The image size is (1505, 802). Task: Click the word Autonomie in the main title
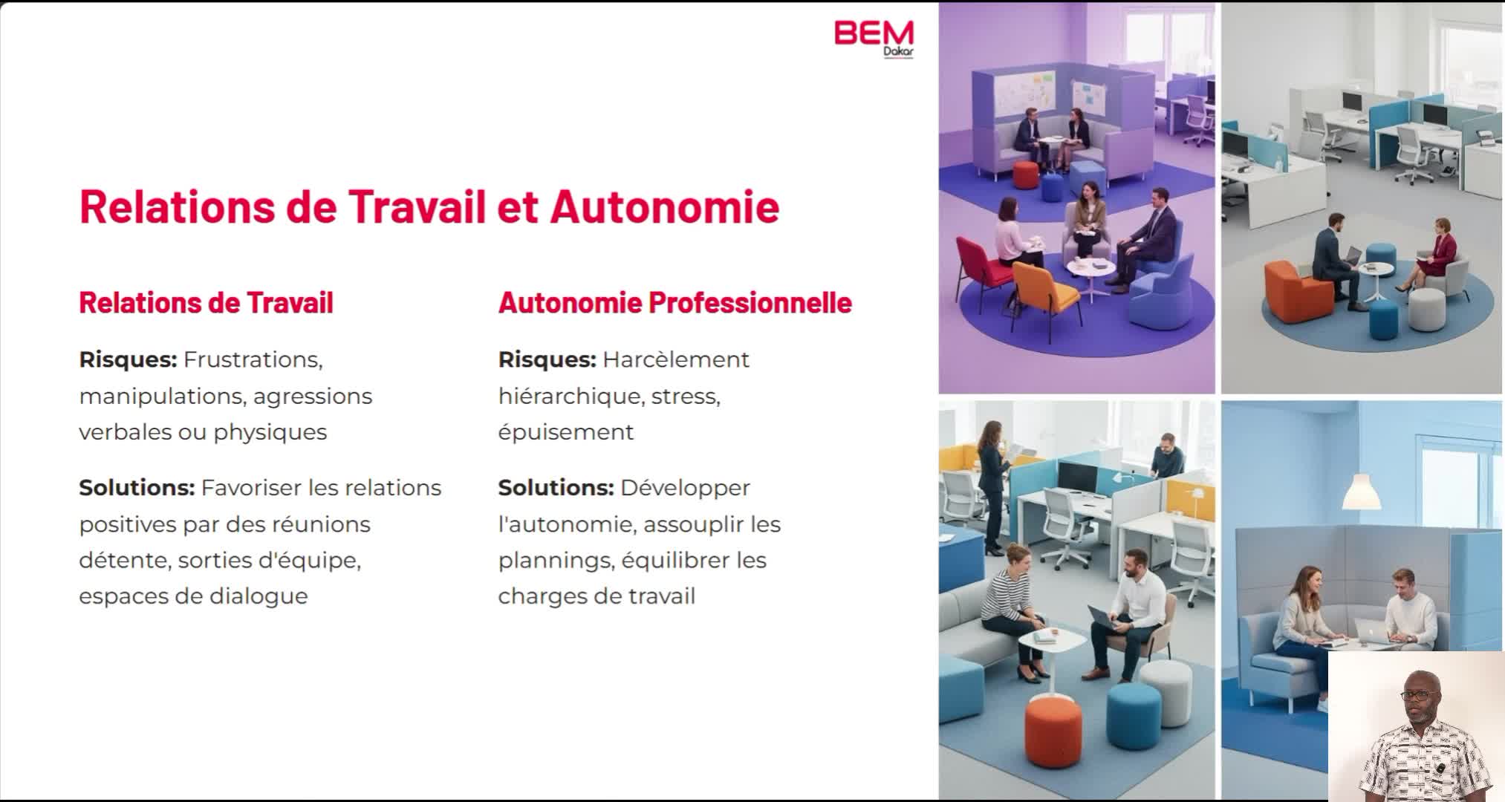coord(665,206)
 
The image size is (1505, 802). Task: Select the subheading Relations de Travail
coord(207,303)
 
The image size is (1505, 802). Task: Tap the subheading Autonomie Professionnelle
coord(675,303)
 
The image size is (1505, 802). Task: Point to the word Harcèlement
coord(676,360)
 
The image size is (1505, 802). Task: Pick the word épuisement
coord(566,432)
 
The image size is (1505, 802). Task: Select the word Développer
coord(686,489)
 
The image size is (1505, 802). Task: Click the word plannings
coord(557,561)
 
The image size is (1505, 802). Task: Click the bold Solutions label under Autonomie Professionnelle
coord(556,488)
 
